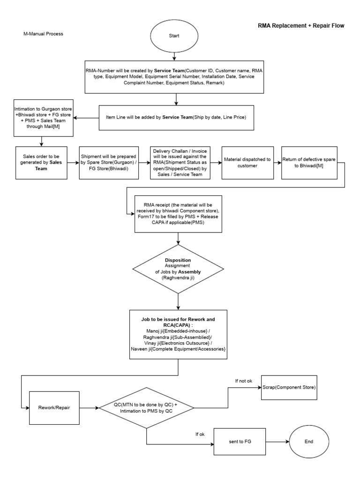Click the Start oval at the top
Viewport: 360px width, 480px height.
click(174, 36)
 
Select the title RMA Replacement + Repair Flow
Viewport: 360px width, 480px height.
click(301, 25)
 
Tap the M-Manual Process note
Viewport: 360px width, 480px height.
click(43, 34)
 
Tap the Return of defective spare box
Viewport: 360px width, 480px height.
click(309, 163)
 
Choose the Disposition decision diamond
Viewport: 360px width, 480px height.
click(178, 269)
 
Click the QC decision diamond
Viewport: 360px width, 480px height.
click(146, 407)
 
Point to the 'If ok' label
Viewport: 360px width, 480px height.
click(200, 435)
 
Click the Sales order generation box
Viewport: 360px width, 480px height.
click(39, 163)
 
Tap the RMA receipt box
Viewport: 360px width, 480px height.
click(178, 213)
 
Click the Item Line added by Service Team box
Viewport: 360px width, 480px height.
click(176, 117)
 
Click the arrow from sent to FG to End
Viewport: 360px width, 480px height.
click(274, 442)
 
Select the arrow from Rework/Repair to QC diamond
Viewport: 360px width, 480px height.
click(89, 407)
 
